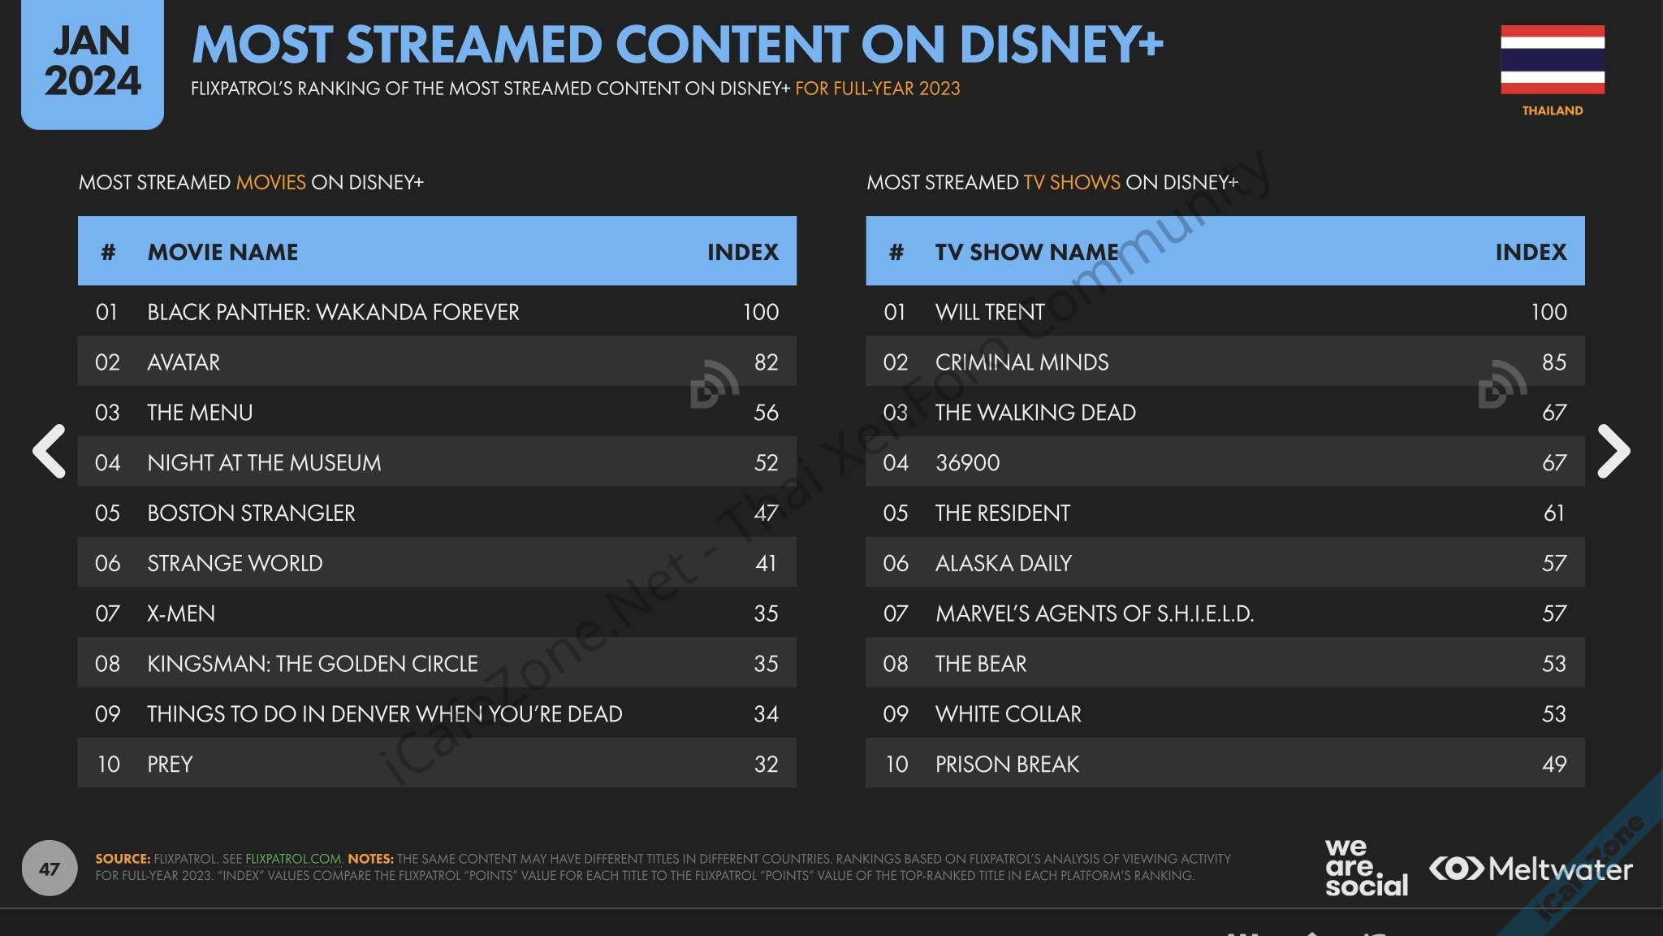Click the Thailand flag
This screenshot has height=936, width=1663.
[x=1552, y=59]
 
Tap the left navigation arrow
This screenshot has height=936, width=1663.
[x=49, y=451]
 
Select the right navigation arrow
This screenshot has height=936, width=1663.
[x=1613, y=451]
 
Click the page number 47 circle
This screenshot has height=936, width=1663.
[x=49, y=869]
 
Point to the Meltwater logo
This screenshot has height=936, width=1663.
[x=1531, y=869]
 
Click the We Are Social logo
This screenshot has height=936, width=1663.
[x=1366, y=868]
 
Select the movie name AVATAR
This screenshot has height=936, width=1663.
[x=184, y=362]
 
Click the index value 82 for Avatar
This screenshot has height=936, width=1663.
[x=766, y=362]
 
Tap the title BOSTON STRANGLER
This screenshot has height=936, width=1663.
[x=251, y=513]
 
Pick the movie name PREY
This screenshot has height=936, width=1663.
[x=170, y=765]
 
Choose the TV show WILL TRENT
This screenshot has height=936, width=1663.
[x=990, y=312]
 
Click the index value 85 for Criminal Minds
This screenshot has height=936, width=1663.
[x=1554, y=362]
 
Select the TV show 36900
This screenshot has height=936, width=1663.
[x=967, y=463]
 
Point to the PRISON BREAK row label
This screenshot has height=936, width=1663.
[x=1007, y=765]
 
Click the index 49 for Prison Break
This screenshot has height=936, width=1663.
[x=1554, y=765]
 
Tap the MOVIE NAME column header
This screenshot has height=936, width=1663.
[x=222, y=252]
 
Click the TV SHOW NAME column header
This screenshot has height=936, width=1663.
[x=1027, y=252]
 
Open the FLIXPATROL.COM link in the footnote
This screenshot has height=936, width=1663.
[x=293, y=859]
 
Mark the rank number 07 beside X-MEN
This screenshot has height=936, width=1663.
[x=107, y=613]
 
